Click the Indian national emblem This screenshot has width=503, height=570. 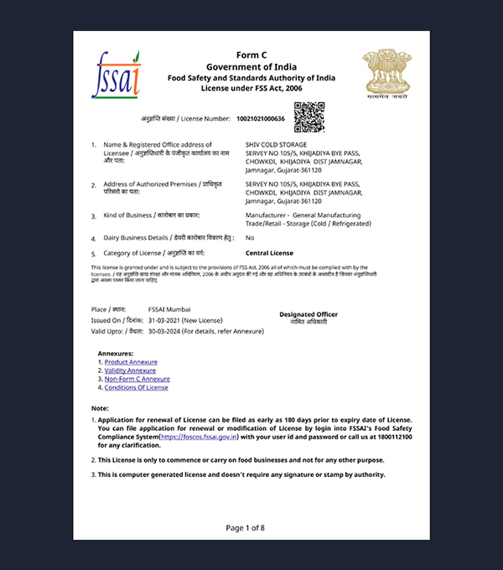386,74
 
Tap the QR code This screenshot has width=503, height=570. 309,116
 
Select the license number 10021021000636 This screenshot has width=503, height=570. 261,119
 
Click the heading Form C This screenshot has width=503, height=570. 251,55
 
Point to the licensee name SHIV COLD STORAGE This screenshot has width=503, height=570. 277,145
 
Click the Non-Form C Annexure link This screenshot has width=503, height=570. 137,379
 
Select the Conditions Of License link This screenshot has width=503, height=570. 136,387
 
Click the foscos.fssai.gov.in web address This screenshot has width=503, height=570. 198,437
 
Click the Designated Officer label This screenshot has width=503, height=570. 309,314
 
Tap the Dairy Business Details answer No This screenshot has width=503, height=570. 250,238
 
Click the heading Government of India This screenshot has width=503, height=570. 251,66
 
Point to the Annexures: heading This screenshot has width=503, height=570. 116,353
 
